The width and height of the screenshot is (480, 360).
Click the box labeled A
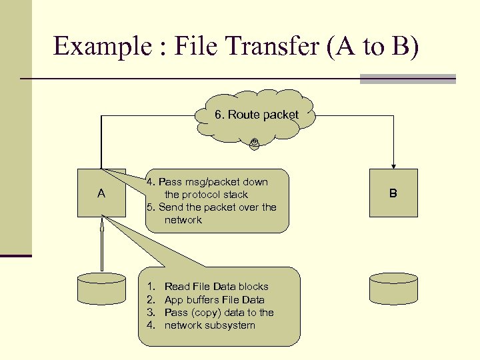(x=101, y=193)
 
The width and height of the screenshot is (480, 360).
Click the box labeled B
(x=393, y=193)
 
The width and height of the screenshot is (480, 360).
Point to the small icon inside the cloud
(x=254, y=143)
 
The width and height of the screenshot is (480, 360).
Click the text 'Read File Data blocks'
(x=216, y=287)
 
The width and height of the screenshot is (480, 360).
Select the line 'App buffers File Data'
(x=214, y=300)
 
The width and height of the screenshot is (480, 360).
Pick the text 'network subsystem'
(x=209, y=325)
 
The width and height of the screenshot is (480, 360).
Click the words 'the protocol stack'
(x=206, y=195)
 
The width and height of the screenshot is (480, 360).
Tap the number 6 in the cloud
(x=218, y=115)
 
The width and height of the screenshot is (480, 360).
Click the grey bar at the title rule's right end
(x=407, y=79)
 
